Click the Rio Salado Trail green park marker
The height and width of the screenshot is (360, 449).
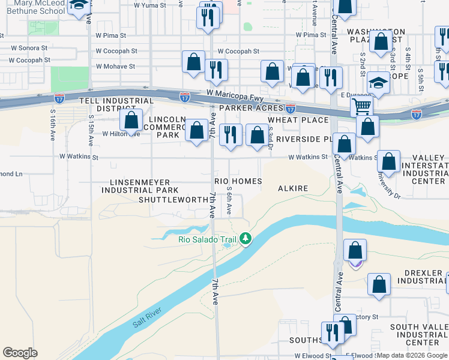[245, 239]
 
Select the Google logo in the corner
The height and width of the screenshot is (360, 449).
[20, 353]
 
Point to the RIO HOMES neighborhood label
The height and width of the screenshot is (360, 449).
[238, 181]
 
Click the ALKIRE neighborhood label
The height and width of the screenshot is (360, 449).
[293, 188]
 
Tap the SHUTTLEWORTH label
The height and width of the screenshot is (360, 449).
[172, 200]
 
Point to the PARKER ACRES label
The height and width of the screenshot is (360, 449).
[251, 108]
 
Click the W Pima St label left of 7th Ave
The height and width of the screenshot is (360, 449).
[109, 35]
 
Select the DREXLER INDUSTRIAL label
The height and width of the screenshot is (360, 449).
[419, 277]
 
